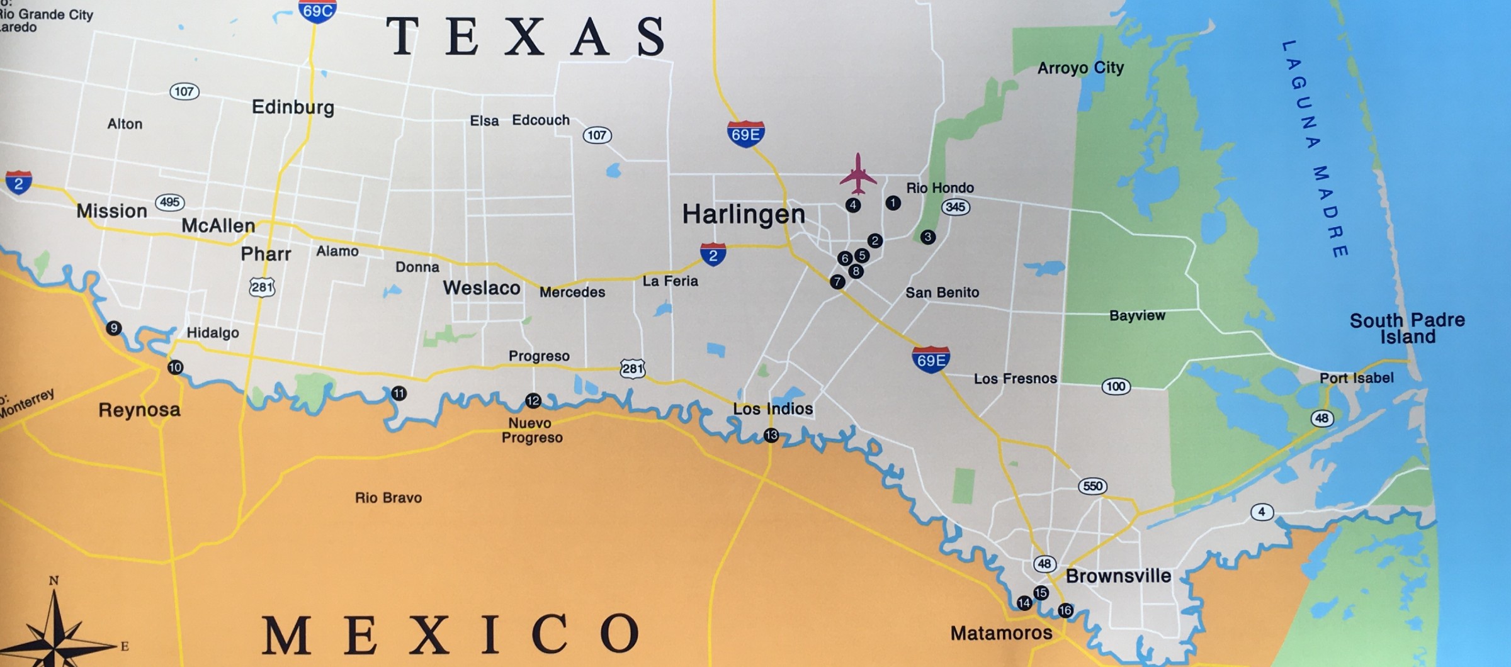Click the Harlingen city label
pyautogui.click(x=744, y=215)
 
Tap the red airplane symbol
pyautogui.click(x=857, y=174)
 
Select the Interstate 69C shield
pyautogui.click(x=317, y=11)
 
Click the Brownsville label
pyautogui.click(x=1118, y=576)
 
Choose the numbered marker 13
pyautogui.click(x=771, y=435)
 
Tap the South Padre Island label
pyautogui.click(x=1407, y=328)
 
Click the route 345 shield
pyautogui.click(x=955, y=207)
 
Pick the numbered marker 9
pyautogui.click(x=114, y=328)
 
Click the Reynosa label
pyautogui.click(x=139, y=410)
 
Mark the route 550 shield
pyautogui.click(x=1092, y=486)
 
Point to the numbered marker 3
pyautogui.click(x=927, y=237)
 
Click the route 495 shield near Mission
pyautogui.click(x=169, y=203)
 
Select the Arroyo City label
pyautogui.click(x=1080, y=68)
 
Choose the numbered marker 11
pyautogui.click(x=399, y=394)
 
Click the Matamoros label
pyautogui.click(x=1001, y=633)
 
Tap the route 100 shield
pyautogui.click(x=1116, y=386)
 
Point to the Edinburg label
pyautogui.click(x=293, y=107)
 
